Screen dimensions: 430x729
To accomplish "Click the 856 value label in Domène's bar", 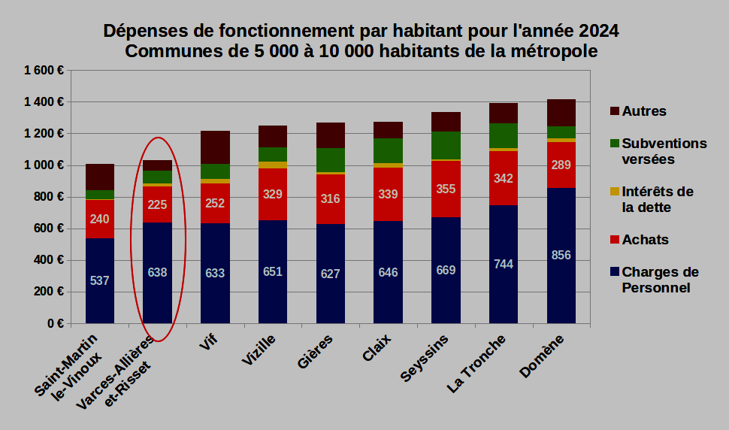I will click(561, 255).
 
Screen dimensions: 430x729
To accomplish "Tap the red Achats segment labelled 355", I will click(446, 189).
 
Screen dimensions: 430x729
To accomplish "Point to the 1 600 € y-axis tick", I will click(43, 70).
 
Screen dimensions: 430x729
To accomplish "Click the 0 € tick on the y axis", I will click(54, 324).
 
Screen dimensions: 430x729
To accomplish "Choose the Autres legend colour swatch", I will click(616, 111).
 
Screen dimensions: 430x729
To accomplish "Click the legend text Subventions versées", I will click(664, 151).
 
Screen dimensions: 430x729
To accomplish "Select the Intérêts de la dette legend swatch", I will click(616, 192).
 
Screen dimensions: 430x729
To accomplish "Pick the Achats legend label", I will click(645, 240).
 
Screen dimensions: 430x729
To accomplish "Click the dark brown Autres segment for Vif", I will click(215, 147).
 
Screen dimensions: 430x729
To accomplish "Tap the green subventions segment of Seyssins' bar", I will click(446, 145).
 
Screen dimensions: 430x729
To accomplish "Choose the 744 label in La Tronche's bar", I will click(504, 264).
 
